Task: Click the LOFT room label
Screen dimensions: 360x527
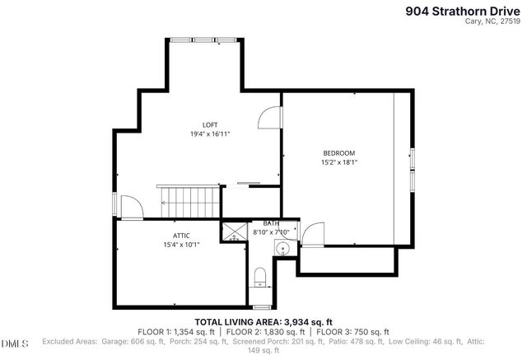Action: click(x=210, y=124)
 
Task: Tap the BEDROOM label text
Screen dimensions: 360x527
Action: click(x=338, y=153)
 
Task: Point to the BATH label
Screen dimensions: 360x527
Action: click(x=271, y=223)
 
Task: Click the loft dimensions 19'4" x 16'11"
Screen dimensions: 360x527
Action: click(x=210, y=133)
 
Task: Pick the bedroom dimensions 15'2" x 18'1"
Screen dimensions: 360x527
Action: click(x=338, y=162)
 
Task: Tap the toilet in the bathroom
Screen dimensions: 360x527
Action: click(x=259, y=275)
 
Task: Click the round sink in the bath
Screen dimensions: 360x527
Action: click(x=282, y=248)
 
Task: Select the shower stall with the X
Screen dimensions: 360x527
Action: click(x=234, y=231)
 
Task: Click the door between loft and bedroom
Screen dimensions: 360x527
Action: click(x=270, y=119)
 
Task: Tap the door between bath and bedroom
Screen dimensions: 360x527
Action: click(x=312, y=235)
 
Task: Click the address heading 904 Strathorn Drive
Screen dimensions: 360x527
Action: click(x=463, y=11)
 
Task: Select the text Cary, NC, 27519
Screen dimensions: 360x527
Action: click(x=493, y=23)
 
